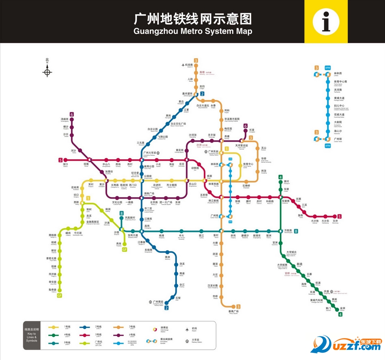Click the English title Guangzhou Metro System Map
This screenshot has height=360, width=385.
pos(192,31)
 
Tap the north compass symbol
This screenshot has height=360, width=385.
pos(47,72)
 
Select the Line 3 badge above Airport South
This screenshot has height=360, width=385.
pos(196,61)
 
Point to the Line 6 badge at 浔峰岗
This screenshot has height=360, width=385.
pos(71,114)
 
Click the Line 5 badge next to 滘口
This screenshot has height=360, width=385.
pos(61,160)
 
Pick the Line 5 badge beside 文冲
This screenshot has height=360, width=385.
pos(340,217)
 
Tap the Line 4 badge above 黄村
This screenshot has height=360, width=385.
pos(280,177)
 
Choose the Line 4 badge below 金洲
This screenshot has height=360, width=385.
pos(341,314)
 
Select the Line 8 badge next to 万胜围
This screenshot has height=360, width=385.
pos(296,231)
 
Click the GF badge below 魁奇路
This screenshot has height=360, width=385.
pos(60,295)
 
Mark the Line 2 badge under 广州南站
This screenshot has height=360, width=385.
pos(167,308)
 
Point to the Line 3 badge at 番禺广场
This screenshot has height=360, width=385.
pos(238,306)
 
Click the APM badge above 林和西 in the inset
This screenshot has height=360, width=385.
pos(327,67)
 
